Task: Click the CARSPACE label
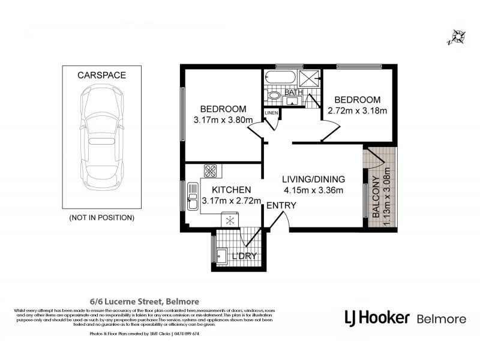(101, 75)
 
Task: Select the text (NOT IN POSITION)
(101, 217)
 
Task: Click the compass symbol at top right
(457, 37)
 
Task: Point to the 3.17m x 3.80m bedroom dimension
(223, 120)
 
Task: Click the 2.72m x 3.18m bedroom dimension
(358, 110)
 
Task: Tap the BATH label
(294, 92)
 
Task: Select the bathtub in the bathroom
(280, 79)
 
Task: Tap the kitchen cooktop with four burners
(211, 170)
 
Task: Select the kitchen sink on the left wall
(193, 196)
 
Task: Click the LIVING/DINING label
(314, 179)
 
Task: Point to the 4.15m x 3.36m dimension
(314, 191)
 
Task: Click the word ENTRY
(281, 206)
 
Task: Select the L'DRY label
(244, 256)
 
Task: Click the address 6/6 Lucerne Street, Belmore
(140, 301)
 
